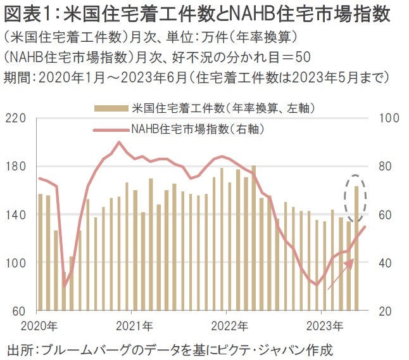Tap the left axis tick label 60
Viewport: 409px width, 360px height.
(17, 312)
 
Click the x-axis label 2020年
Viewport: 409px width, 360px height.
(39, 327)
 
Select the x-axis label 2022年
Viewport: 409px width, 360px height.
(229, 327)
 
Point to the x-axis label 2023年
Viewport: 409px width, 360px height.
(324, 327)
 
